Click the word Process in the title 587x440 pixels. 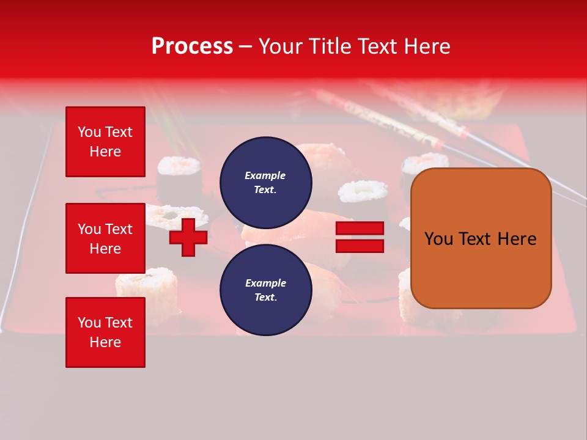tap(192, 46)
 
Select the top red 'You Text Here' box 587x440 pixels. tap(105, 142)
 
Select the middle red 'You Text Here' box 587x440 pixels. tap(105, 238)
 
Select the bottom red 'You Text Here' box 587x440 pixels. tap(105, 332)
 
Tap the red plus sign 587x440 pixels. tap(188, 237)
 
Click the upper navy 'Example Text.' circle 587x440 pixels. tap(266, 182)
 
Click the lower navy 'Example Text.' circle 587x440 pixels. tap(266, 290)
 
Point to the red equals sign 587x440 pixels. tap(360, 237)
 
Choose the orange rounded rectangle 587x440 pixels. tap(481, 238)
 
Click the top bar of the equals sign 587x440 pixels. tap(360, 228)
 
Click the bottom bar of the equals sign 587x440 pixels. tap(360, 246)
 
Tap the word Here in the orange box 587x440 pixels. tap(517, 239)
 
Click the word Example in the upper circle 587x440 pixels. tap(265, 175)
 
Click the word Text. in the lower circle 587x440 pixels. tap(265, 298)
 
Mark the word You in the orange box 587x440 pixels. tap(438, 239)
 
